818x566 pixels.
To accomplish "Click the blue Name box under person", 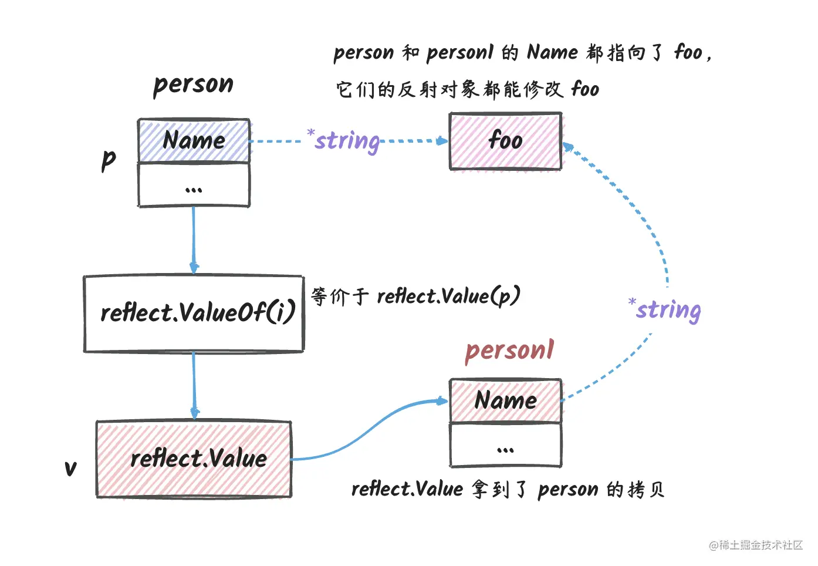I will tap(194, 141).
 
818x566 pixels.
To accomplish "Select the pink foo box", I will tap(505, 141).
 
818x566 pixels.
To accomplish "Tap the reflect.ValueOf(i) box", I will tap(194, 314).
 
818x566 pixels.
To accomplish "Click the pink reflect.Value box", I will tap(194, 459).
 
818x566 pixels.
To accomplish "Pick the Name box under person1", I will tap(505, 400).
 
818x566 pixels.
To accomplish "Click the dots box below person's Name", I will tap(194, 186).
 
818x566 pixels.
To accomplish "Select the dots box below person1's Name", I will tap(505, 445).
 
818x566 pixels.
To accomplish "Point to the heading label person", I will tap(193, 85).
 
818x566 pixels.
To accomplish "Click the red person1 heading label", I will tap(509, 351).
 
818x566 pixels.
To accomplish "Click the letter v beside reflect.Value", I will tap(70, 468).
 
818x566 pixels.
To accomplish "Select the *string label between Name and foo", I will tap(344, 141).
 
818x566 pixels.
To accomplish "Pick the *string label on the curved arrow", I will tap(665, 309).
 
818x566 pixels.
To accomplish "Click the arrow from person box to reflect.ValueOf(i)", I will tap(194, 241).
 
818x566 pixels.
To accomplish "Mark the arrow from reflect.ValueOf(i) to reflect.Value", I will tap(194, 386).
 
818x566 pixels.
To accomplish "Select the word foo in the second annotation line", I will tap(585, 89).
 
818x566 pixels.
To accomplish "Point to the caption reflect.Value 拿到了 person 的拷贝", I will tap(508, 489).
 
